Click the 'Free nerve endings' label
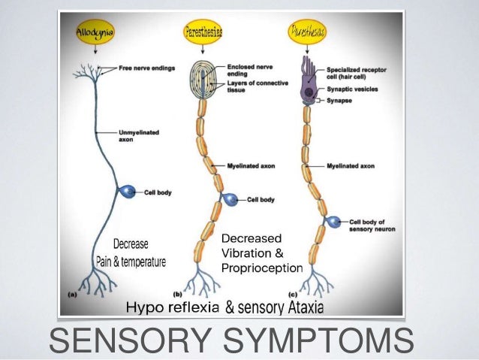point(146,68)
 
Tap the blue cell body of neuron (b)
point(230,200)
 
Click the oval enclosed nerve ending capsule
point(199,80)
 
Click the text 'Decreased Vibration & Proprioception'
point(261,253)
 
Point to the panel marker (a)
point(71,295)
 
